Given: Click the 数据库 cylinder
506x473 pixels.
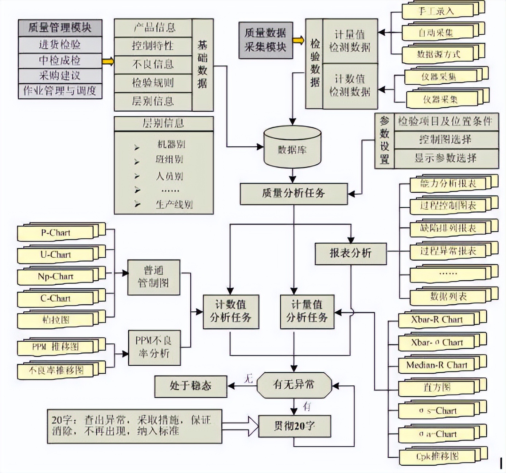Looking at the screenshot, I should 292,149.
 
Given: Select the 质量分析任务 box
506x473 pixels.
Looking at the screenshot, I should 293,193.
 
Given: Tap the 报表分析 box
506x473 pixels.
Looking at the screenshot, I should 350,253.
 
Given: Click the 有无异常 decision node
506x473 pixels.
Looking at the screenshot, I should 294,385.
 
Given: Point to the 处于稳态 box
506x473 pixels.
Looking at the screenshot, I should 191,386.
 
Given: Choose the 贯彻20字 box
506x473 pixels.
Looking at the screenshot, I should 294,426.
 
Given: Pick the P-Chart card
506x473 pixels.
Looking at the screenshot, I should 55,233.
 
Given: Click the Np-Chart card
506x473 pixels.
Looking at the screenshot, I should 55,277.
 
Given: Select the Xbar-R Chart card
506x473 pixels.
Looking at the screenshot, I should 436,320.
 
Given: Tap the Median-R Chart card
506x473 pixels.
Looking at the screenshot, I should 436,365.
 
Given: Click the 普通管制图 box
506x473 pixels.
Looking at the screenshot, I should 153,277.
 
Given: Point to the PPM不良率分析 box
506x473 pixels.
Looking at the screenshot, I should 154,347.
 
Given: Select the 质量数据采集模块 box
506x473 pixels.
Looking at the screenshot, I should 265,40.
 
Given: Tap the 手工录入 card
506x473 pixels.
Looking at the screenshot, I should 437,11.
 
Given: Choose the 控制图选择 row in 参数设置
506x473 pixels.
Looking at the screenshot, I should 445,140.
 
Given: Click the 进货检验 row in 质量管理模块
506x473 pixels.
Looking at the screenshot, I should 60,45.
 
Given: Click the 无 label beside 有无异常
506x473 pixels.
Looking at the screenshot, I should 248,378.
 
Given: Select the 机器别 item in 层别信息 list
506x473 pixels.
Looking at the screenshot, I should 171,144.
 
